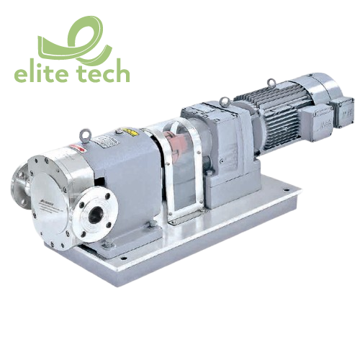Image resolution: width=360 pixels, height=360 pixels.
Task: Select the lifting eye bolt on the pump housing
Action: (85, 132)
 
